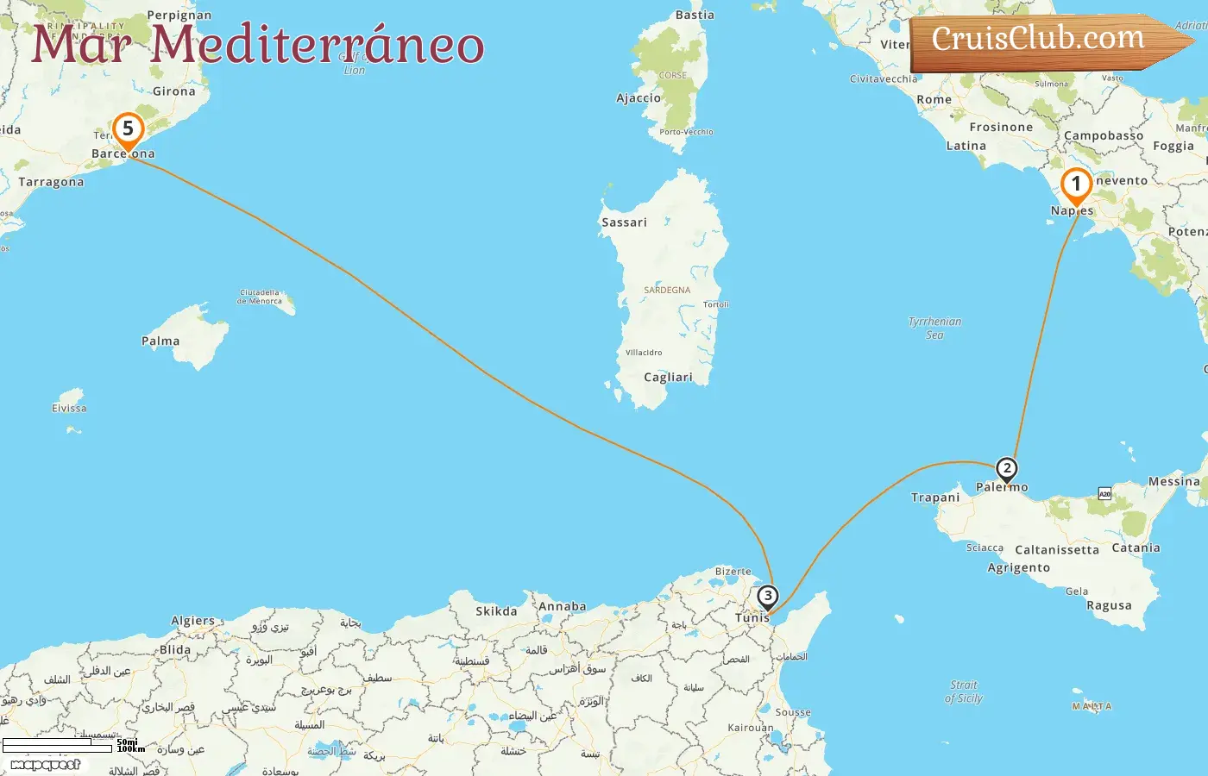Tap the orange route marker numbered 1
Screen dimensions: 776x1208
(x=1076, y=185)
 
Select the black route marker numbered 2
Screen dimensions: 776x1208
(x=1007, y=470)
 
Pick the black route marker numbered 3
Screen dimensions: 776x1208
(x=767, y=597)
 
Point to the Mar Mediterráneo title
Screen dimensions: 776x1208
(x=257, y=45)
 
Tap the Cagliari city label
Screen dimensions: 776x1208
(x=668, y=377)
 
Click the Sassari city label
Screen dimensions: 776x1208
(x=624, y=222)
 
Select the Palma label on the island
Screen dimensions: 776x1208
(x=160, y=341)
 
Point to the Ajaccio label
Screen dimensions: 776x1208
(x=639, y=98)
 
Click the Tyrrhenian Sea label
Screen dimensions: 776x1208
(x=934, y=328)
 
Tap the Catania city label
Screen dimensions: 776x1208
(x=1136, y=548)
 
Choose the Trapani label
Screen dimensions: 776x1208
(x=935, y=498)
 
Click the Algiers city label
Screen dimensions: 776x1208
(x=192, y=621)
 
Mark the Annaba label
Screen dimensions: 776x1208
(x=562, y=606)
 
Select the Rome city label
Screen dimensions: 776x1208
(x=934, y=100)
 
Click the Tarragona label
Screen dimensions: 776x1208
(x=52, y=182)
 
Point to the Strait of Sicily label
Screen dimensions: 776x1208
(x=964, y=692)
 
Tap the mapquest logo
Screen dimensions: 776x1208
(x=45, y=765)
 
